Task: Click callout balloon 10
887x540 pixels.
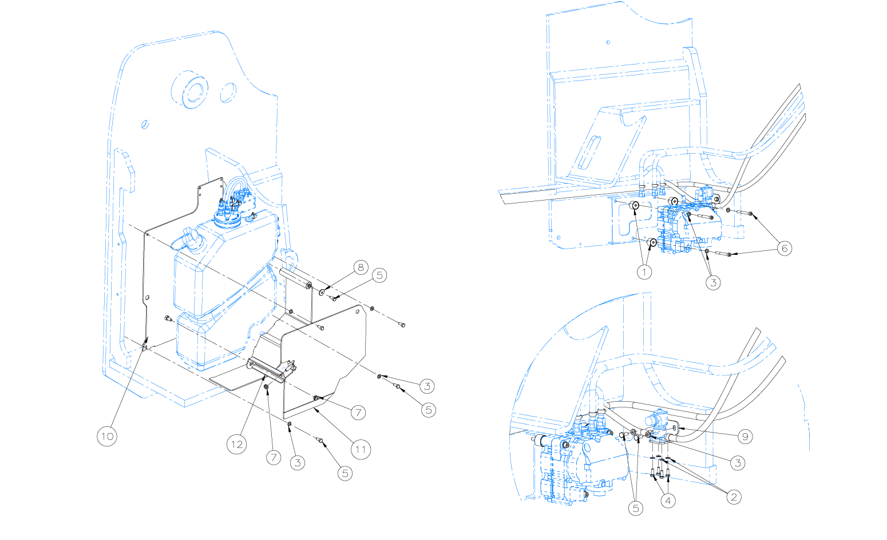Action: tap(107, 436)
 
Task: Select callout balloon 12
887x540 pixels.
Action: tap(237, 444)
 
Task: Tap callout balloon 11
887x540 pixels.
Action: tap(361, 450)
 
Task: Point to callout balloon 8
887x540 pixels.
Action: tap(361, 267)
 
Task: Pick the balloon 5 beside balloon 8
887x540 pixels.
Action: tap(379, 275)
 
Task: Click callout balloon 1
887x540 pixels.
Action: tap(644, 272)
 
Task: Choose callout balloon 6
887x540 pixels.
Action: tap(785, 248)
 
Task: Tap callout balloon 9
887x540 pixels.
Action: tap(745, 437)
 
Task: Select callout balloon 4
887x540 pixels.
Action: tap(668, 501)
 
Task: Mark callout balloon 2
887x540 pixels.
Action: tap(734, 497)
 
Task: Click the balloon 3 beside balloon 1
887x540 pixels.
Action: tap(713, 282)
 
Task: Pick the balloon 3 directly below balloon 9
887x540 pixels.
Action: tap(738, 463)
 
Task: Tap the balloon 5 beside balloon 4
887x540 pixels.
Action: tap(636, 508)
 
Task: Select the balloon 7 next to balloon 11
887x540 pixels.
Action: tap(358, 413)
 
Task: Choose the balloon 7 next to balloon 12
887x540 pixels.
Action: tap(274, 457)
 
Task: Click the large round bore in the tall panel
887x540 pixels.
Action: tap(191, 90)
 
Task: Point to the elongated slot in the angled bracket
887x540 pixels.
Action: tap(589, 152)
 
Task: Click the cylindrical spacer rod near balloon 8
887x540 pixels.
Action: tap(295, 278)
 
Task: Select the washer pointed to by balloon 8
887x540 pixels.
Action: tap(322, 292)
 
